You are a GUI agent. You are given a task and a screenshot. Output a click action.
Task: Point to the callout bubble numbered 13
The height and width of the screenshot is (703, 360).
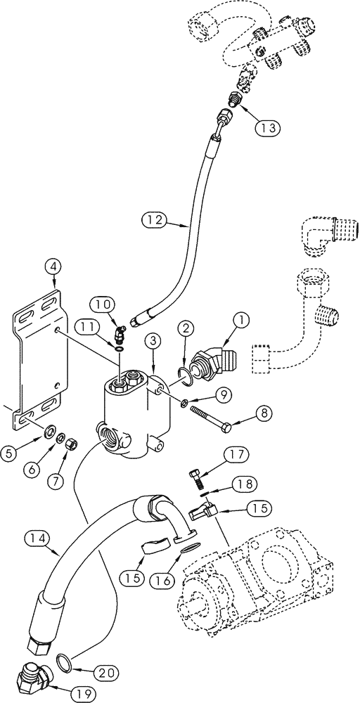(x=248, y=127)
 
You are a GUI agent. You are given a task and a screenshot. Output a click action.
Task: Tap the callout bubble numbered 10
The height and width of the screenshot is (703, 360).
(x=102, y=305)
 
